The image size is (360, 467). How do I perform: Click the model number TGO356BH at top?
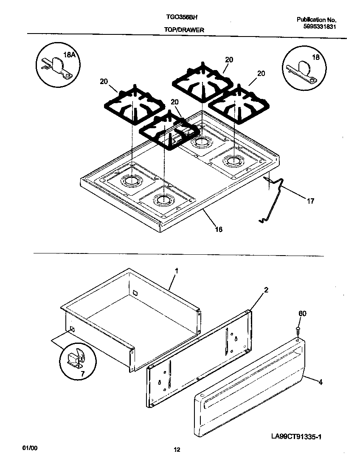point(181,18)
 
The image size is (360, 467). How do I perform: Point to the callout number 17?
point(310,201)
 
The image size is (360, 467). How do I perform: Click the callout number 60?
point(302,314)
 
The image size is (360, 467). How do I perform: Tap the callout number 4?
point(320,382)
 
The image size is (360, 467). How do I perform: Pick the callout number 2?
point(266,290)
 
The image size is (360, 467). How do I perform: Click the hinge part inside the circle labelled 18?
point(302,70)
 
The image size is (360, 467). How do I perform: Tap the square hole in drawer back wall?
point(135,293)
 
